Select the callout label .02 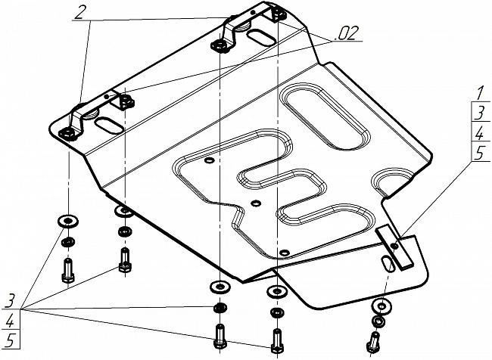[345, 33]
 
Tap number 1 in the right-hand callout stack [480, 94]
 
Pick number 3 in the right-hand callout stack [480, 113]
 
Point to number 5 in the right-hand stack [480, 154]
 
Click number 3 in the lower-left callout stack [10, 301]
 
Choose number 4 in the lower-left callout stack [10, 321]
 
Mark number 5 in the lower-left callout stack [10, 340]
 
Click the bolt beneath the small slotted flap [372, 342]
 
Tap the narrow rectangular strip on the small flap [394, 247]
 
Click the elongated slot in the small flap [388, 265]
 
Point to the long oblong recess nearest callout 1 [326, 116]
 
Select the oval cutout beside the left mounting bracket [109, 126]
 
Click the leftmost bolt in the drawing [68, 270]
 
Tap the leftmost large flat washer [68, 222]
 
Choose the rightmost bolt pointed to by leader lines [276, 340]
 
